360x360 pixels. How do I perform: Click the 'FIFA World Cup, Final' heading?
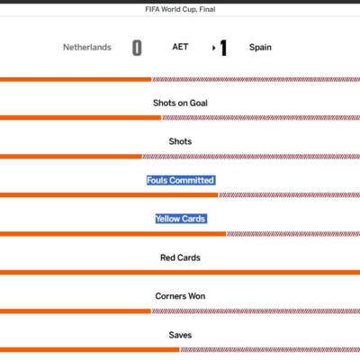click(x=180, y=9)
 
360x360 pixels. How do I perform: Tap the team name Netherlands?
click(x=87, y=48)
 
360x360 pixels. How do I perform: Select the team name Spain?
click(x=260, y=48)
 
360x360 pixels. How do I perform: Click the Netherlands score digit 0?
click(x=137, y=48)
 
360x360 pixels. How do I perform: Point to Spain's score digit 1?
click(x=223, y=48)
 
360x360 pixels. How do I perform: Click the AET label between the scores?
click(x=180, y=47)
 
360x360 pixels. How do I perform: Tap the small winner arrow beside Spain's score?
click(x=214, y=48)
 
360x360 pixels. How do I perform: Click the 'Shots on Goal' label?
click(x=180, y=103)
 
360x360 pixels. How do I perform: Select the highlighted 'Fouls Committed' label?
click(x=181, y=180)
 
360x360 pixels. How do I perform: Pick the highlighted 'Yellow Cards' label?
click(x=181, y=219)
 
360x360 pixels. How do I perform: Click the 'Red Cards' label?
click(x=180, y=257)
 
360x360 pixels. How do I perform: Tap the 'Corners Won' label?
click(x=180, y=296)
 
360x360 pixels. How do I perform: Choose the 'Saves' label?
click(x=180, y=335)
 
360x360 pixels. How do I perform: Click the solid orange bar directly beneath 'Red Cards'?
click(x=180, y=273)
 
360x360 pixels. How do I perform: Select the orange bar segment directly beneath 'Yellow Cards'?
click(x=112, y=234)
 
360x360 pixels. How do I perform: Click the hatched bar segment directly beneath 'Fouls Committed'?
click(x=290, y=195)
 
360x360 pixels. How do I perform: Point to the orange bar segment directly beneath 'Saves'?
click(x=90, y=350)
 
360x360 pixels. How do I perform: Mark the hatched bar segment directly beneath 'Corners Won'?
click(x=256, y=311)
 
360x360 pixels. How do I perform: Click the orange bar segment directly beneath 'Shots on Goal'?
click(x=80, y=118)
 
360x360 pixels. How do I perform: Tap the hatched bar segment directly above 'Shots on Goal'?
click(x=256, y=79)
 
